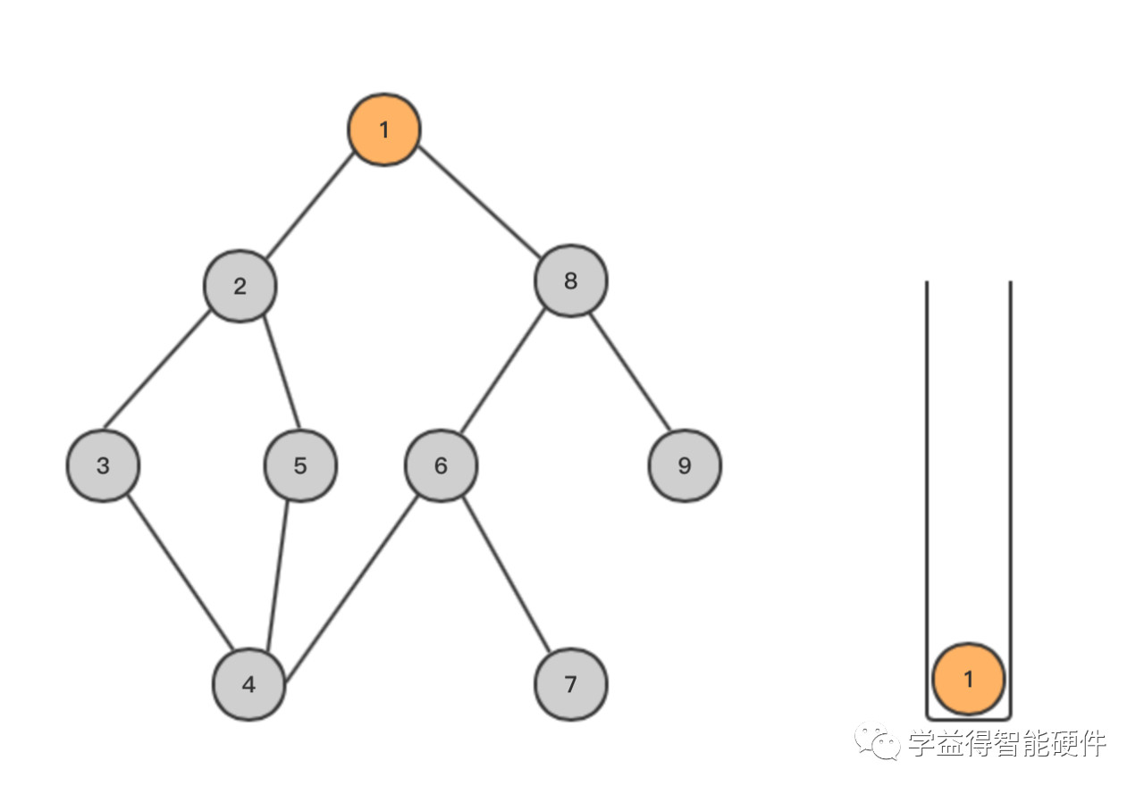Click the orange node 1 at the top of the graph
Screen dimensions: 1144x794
click(x=384, y=130)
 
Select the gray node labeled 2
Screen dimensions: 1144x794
click(x=240, y=287)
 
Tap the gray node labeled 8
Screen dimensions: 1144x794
click(x=571, y=281)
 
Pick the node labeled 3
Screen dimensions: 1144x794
click(x=103, y=466)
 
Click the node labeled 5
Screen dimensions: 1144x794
click(x=300, y=466)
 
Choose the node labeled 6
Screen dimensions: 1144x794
click(x=442, y=466)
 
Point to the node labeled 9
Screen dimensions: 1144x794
click(x=685, y=466)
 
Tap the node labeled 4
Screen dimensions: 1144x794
click(x=248, y=684)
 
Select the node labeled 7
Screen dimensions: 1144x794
click(x=571, y=684)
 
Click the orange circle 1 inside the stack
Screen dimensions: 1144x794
click(x=968, y=679)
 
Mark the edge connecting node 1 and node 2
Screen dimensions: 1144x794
click(x=310, y=205)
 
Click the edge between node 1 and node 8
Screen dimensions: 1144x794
click(x=480, y=202)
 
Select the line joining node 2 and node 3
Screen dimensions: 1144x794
click(x=156, y=370)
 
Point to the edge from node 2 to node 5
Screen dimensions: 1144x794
click(x=282, y=372)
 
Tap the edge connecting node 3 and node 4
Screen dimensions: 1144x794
click(x=181, y=573)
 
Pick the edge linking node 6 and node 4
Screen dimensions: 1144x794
click(x=352, y=588)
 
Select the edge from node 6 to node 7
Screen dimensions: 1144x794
click(x=507, y=574)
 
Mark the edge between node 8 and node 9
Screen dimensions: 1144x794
click(x=630, y=372)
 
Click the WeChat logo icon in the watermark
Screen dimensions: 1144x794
click(x=878, y=741)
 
